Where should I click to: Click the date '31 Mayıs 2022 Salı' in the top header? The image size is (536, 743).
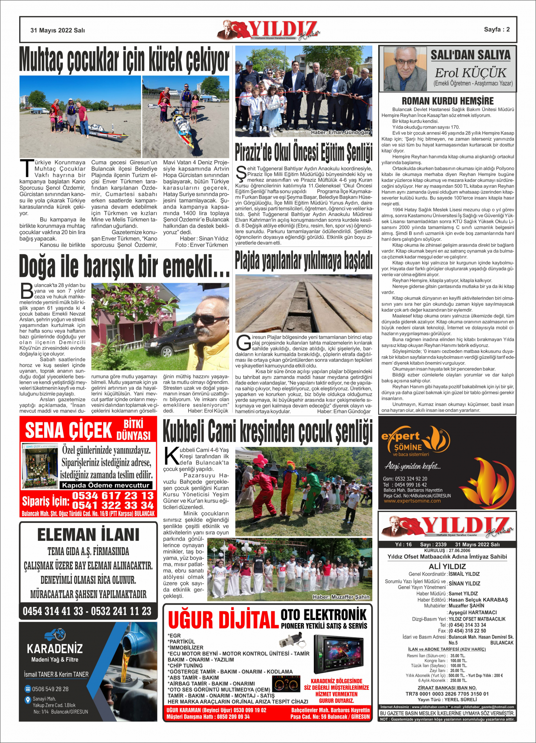tap(57, 30)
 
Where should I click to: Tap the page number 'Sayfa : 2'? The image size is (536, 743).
tap(497, 29)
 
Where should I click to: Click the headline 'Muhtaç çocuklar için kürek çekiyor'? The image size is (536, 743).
tap(124, 60)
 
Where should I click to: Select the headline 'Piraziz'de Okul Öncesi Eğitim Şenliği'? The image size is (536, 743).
tap(304, 152)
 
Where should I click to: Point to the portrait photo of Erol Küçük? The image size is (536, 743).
tap(405, 69)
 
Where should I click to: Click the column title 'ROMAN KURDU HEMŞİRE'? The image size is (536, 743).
tap(448, 101)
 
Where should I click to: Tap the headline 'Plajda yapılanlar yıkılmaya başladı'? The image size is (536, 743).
tap(304, 261)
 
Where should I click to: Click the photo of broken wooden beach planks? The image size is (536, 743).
tap(304, 303)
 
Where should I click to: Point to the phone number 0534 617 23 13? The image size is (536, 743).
tap(113, 495)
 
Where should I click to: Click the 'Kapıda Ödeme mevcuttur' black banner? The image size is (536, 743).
tap(105, 485)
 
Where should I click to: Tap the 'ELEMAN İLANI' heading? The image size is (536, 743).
tap(88, 535)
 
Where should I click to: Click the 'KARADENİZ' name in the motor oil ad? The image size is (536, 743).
tap(55, 649)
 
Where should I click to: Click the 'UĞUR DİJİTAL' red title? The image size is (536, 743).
tap(223, 620)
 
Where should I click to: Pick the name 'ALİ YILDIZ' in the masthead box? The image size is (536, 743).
tap(447, 566)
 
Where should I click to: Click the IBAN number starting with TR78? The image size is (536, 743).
tap(447, 694)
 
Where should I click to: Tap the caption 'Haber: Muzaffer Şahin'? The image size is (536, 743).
tap(341, 597)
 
